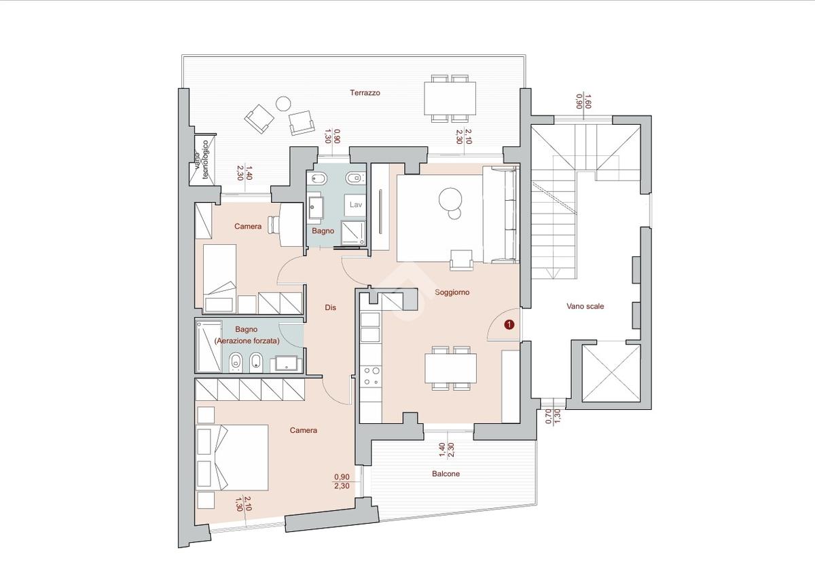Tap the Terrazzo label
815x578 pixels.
365,93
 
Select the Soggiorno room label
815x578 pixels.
452,292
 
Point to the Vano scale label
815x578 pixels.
585,306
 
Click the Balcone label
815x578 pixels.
446,474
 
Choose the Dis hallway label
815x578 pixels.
330,307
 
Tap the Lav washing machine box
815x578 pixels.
355,205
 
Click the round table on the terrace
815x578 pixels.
283,104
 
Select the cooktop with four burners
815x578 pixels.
370,377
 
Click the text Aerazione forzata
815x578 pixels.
247,341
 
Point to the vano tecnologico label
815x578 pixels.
202,160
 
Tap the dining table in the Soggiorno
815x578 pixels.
450,368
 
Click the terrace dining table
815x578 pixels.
450,98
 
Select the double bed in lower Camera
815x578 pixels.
232,457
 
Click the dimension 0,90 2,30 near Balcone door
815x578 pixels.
342,481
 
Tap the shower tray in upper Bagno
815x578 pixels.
353,233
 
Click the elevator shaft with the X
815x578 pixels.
611,373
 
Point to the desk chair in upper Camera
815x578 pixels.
274,225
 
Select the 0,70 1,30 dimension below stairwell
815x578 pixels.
553,417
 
